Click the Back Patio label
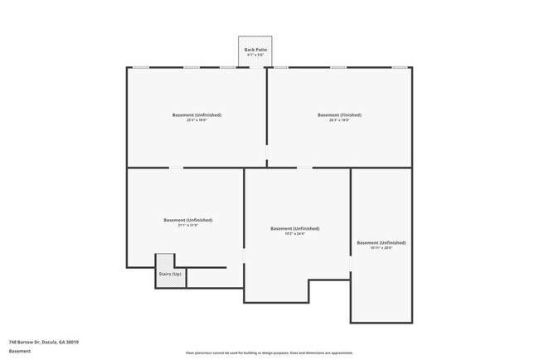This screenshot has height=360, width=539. [255, 50]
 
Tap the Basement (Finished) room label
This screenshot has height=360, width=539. [339, 115]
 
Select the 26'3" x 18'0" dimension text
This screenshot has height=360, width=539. [339, 121]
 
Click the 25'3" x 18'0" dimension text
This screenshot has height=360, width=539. [197, 121]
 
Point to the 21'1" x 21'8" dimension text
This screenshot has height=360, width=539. [187, 226]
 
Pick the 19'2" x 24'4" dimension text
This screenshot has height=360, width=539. [295, 234]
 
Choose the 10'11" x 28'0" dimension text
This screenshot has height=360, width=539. [381, 249]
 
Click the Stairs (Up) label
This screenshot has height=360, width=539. [170, 274]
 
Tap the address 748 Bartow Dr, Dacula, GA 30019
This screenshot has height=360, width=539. [43, 341]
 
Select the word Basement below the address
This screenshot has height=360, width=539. [20, 351]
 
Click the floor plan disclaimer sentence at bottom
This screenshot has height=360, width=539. [269, 353]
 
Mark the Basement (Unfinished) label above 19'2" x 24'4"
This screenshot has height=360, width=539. [295, 228]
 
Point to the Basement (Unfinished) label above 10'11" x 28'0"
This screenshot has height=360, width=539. [381, 243]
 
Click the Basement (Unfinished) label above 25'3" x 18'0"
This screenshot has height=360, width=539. [197, 115]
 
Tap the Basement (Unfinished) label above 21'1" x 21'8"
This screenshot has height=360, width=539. [187, 220]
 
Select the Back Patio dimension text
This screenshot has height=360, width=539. [255, 56]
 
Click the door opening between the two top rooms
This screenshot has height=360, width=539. [266, 155]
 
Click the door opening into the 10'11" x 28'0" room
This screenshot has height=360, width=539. [351, 264]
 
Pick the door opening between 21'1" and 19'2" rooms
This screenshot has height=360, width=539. [244, 258]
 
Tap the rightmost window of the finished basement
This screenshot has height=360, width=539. [399, 67]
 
